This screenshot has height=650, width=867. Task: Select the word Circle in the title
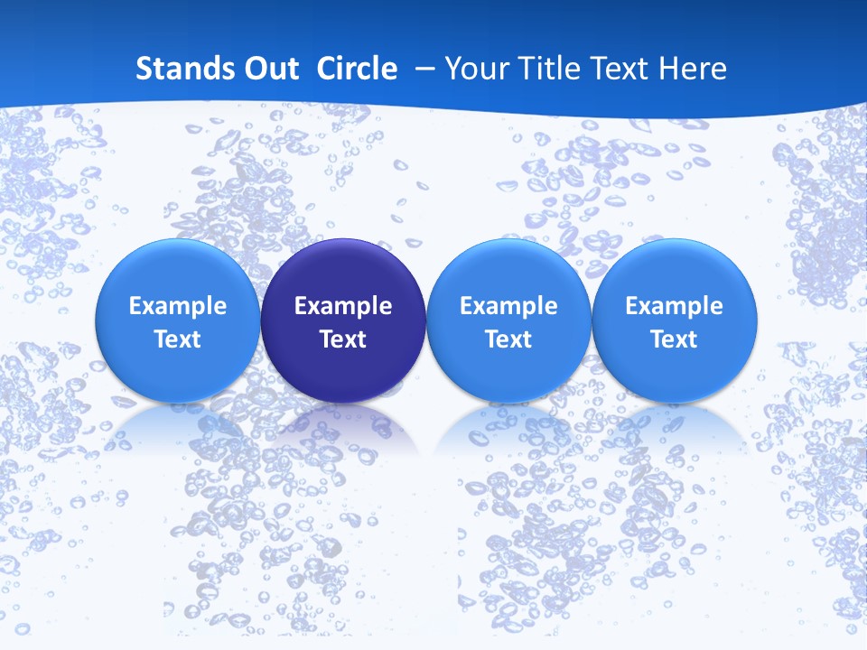tap(357, 69)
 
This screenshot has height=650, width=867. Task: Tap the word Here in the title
tap(695, 69)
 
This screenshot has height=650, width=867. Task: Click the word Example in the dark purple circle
tap(343, 306)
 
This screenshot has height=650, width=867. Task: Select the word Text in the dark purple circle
tap(343, 339)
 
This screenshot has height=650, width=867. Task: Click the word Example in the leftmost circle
tap(178, 306)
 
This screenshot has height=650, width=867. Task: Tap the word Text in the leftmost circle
tap(178, 339)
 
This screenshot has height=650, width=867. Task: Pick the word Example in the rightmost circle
tap(675, 306)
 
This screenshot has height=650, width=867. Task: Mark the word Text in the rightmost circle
tap(675, 339)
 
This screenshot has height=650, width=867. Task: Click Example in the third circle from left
tap(508, 306)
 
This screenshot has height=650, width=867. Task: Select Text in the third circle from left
tap(508, 339)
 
